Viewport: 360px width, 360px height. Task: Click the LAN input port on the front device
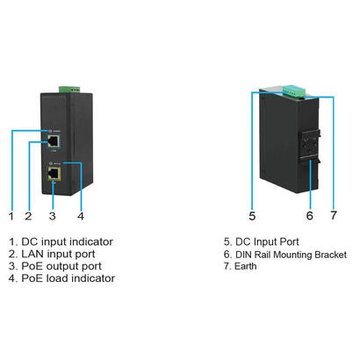(x=55, y=140)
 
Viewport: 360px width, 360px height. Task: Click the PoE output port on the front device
(x=55, y=175)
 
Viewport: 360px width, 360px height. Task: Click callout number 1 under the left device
(x=11, y=214)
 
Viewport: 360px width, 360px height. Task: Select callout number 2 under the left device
(x=29, y=214)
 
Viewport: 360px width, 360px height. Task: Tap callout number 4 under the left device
(x=81, y=214)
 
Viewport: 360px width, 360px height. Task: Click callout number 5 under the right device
(x=251, y=214)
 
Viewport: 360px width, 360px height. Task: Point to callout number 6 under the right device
(x=309, y=214)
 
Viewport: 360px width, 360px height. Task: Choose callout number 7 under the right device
(x=333, y=214)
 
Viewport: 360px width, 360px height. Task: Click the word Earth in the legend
(x=252, y=265)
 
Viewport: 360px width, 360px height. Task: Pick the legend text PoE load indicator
(x=68, y=278)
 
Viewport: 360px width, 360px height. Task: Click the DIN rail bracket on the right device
(x=308, y=145)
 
